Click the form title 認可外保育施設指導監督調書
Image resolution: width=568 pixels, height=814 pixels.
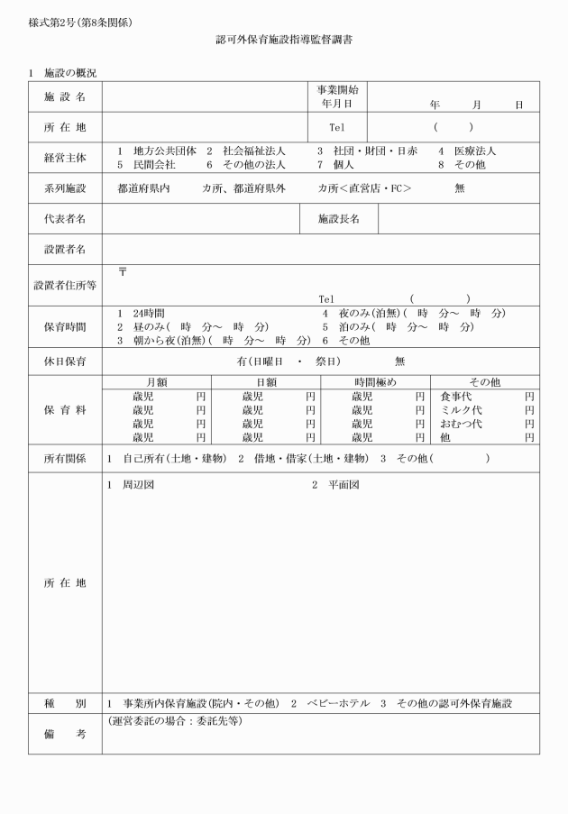point(284,41)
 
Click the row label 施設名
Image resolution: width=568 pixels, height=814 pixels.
point(65,96)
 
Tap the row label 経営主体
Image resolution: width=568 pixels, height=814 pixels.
point(65,158)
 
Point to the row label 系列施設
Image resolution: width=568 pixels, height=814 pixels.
point(65,188)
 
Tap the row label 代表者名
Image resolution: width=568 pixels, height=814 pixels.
point(65,218)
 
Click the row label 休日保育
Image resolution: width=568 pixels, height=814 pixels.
point(65,361)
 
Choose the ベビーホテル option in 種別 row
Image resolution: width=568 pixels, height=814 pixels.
point(337,703)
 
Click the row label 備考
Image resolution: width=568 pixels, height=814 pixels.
point(65,735)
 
